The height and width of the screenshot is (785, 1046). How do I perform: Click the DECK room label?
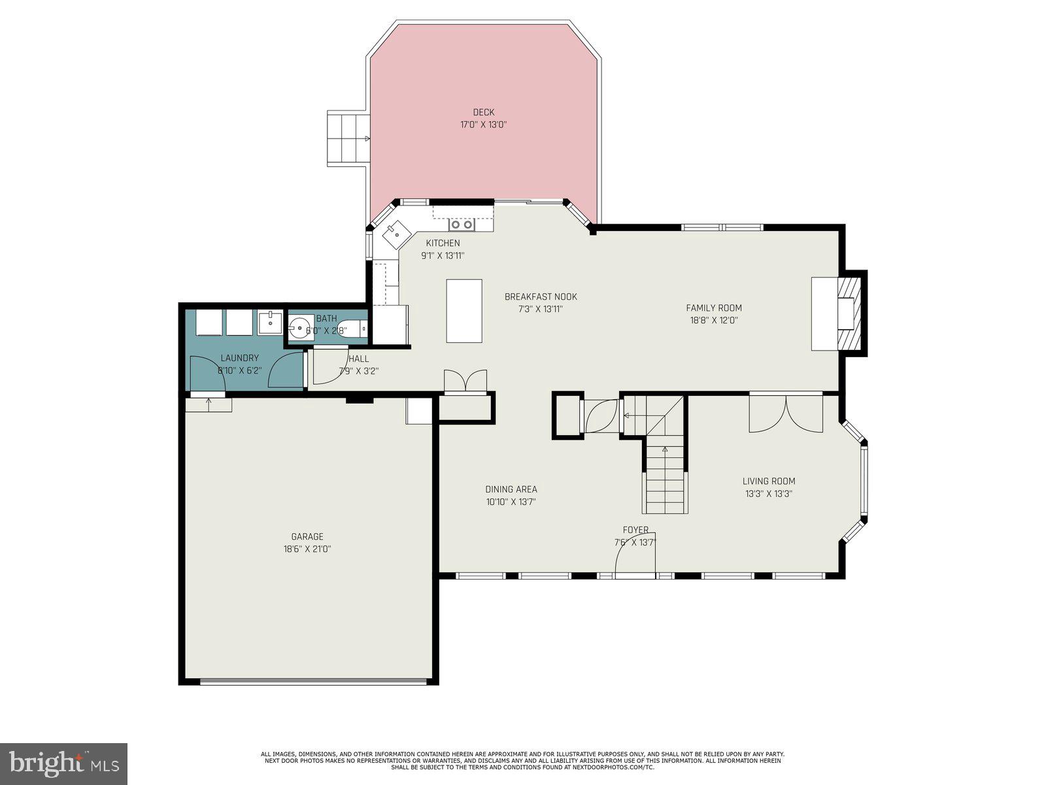click(483, 113)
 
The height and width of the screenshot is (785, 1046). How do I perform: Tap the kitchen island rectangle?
click(464, 311)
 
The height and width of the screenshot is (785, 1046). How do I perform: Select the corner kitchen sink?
click(396, 232)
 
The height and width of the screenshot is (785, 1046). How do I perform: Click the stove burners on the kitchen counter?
click(461, 225)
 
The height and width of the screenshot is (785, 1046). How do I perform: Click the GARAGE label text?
click(307, 537)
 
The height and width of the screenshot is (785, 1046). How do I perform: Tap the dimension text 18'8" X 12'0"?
click(714, 321)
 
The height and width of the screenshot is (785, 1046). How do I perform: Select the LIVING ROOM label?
click(769, 481)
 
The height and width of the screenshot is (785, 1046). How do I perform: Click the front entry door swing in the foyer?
click(634, 559)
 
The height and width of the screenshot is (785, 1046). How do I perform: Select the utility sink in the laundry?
click(270, 323)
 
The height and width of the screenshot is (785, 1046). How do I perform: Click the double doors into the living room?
click(786, 412)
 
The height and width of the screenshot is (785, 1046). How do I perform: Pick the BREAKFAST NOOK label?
click(541, 297)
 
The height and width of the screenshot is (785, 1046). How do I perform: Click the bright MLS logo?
click(63, 763)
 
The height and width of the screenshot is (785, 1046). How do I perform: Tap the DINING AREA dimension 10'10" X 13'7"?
click(511, 502)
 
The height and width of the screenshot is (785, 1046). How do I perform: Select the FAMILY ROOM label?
click(714, 308)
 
